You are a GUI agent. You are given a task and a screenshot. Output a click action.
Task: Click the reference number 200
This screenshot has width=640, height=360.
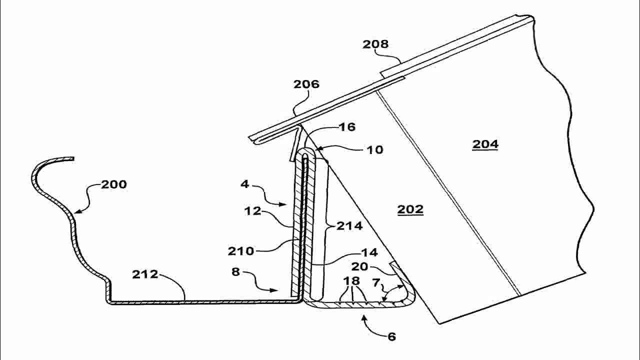(114, 184)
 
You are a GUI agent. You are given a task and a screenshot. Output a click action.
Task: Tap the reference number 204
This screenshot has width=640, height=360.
(485, 144)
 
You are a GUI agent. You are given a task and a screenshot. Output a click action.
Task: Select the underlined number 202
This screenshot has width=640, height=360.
(410, 209)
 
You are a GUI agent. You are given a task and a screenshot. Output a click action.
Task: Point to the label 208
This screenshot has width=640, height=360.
(375, 44)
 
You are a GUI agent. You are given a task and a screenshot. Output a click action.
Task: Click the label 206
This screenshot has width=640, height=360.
(306, 84)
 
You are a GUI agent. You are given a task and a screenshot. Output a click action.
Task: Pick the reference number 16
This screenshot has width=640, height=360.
(347, 127)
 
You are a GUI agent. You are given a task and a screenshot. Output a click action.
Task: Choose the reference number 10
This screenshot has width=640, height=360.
(375, 149)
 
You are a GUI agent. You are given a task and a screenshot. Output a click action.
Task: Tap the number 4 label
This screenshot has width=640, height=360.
(244, 184)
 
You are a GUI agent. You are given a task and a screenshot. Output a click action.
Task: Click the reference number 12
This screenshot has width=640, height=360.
(253, 210)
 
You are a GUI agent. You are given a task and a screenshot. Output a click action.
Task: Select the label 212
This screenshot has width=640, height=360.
(145, 274)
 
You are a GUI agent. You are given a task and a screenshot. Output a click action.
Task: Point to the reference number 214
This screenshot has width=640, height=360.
(349, 226)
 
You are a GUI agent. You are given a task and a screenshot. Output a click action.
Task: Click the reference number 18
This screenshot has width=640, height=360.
(352, 280)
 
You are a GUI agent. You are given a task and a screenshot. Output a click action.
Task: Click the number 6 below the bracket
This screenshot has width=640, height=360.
(391, 336)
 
